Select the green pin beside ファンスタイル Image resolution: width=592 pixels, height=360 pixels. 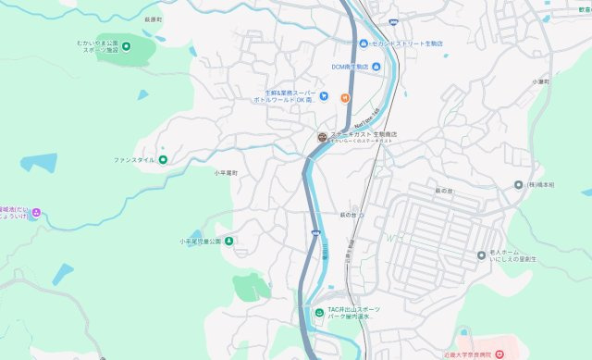pos(164,160)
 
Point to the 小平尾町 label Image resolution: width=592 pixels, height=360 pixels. pos(227,173)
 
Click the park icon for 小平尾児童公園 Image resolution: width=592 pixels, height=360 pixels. pos(228,242)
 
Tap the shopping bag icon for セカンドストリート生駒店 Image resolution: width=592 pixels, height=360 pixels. pos(364,43)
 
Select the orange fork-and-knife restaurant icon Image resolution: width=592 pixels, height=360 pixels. pos(344,98)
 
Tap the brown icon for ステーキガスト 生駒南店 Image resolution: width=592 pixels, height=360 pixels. pos(321,138)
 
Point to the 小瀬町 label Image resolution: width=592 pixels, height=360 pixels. pos(541,82)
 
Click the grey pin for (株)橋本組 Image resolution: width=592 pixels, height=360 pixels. pos(519,185)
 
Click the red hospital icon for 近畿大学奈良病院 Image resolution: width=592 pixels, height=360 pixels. pos(499,354)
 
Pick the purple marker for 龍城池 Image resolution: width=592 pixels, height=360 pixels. pos(36,213)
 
